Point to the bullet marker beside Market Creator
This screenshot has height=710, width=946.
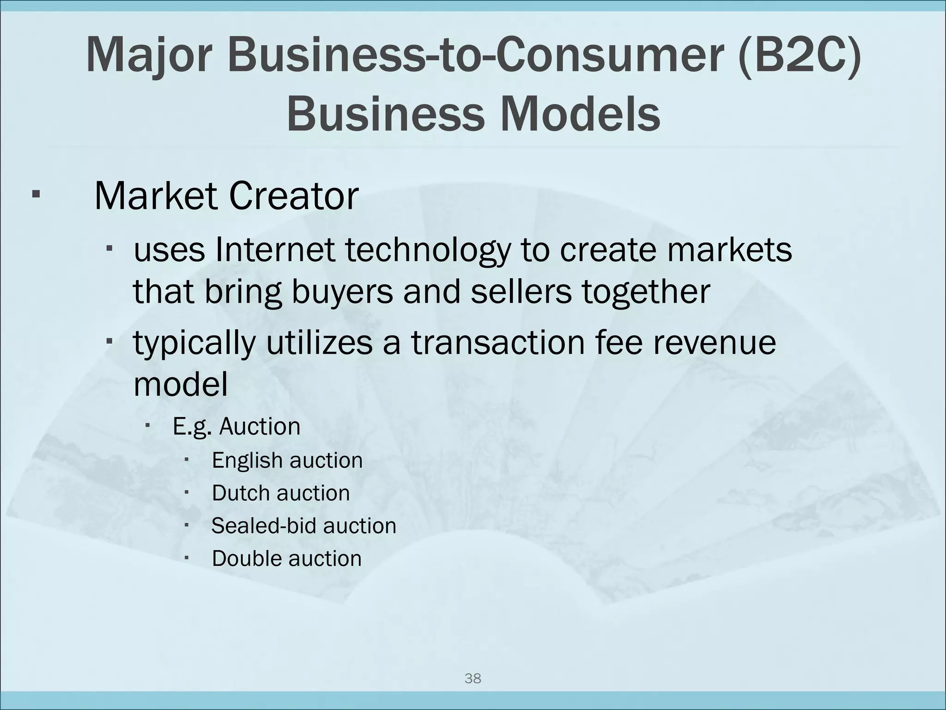coord(35,193)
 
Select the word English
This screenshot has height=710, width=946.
coord(246,461)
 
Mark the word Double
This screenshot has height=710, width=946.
coord(246,558)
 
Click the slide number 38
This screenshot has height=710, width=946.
coord(473,679)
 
